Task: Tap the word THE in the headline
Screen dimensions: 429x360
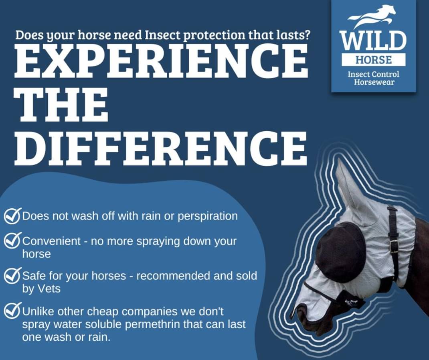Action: click(64, 106)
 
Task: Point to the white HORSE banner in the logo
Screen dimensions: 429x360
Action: click(373, 59)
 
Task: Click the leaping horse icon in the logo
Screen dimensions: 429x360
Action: click(372, 16)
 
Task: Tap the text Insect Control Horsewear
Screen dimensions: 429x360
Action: click(373, 78)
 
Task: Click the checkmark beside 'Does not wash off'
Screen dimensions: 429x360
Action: click(12, 216)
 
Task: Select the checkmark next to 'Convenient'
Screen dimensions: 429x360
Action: click(12, 240)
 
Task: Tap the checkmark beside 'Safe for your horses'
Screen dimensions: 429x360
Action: click(12, 276)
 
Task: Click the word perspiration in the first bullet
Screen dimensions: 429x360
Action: click(208, 217)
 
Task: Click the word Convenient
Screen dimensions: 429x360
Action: click(51, 241)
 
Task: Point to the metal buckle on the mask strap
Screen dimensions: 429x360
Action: click(394, 247)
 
